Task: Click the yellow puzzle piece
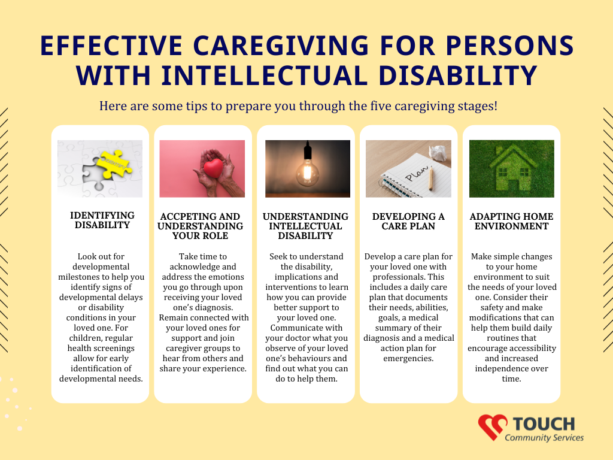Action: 114,164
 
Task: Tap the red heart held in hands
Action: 214,168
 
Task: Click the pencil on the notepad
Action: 431,178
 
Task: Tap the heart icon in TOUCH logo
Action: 493,426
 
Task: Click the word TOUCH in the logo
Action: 544,424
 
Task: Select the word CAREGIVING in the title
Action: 281,46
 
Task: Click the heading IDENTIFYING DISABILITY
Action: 102,220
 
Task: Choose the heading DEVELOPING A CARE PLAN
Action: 408,221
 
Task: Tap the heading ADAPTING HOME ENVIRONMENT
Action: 511,221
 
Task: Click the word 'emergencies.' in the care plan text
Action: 408,358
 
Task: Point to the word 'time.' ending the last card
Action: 511,379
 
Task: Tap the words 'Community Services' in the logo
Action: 544,437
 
